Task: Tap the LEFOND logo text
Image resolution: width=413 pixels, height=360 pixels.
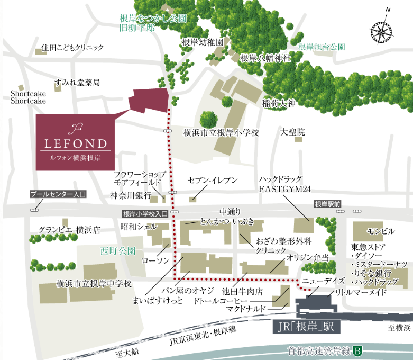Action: [x=74, y=143]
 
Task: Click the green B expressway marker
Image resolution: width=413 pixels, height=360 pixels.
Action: [x=357, y=350]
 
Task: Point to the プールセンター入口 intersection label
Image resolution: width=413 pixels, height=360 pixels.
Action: [x=58, y=194]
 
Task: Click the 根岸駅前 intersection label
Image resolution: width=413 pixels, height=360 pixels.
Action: [x=328, y=203]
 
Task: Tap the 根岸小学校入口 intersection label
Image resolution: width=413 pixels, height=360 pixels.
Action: [x=144, y=214]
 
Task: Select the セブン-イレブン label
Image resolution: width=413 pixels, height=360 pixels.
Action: [x=213, y=181]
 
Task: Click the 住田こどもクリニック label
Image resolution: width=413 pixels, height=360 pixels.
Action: [x=73, y=47]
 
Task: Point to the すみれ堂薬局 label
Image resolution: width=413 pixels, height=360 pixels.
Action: [x=77, y=83]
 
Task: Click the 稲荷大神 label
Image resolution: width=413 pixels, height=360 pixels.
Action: [x=279, y=104]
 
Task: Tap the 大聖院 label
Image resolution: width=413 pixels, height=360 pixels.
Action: [x=292, y=132]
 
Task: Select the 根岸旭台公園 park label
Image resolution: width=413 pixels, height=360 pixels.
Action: [x=322, y=47]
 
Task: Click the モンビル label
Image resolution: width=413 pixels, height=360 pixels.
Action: [x=380, y=231]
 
